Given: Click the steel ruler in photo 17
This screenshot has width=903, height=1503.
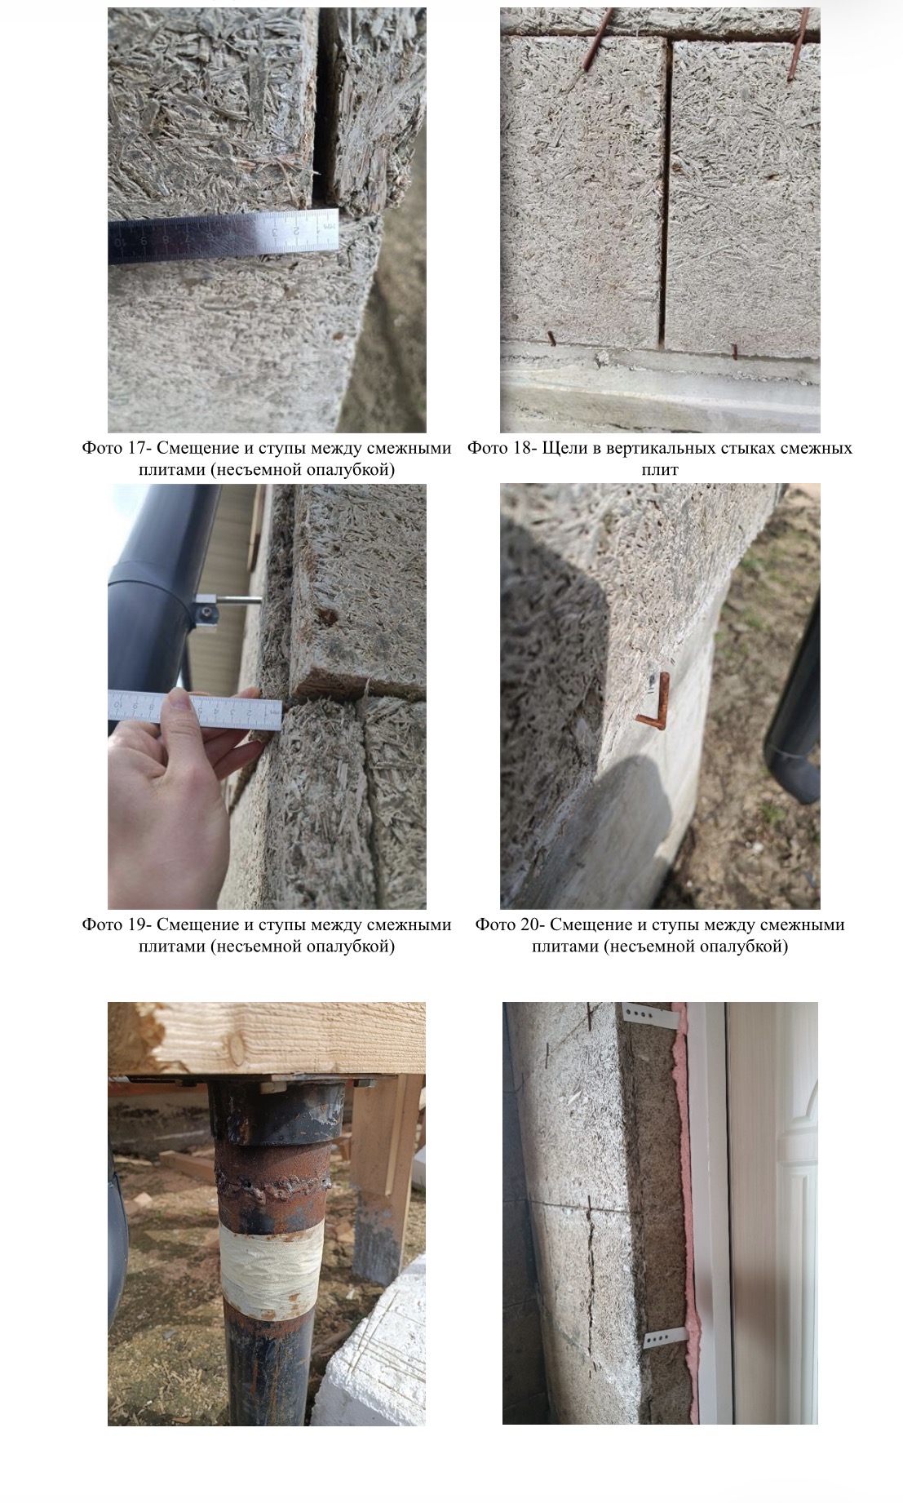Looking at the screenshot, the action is tap(223, 236).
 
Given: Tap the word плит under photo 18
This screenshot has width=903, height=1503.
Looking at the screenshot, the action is tap(660, 471).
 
